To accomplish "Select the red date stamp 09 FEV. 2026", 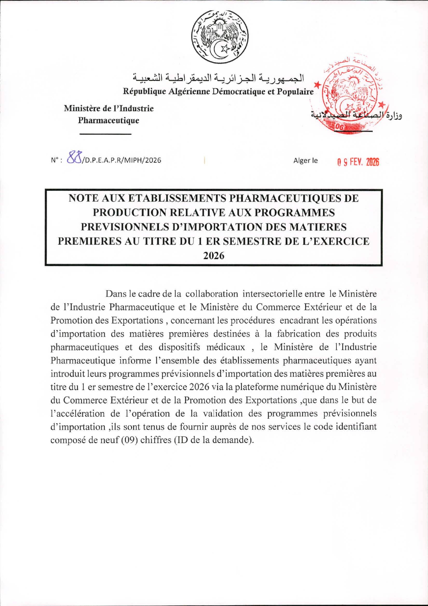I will tap(358, 162).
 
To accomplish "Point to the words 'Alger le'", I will tap(305, 161).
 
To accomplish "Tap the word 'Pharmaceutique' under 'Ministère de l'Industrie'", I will tap(108, 121).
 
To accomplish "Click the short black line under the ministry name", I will tap(105, 134).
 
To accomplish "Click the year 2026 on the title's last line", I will tap(214, 256).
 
